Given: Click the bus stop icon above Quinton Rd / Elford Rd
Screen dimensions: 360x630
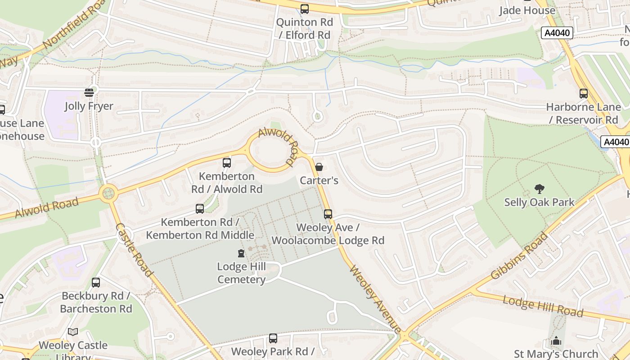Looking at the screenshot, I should [305, 9].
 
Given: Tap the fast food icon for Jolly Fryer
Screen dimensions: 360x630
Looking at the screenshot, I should [89, 93].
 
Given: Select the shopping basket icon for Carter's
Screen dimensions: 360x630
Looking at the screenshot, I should [319, 167].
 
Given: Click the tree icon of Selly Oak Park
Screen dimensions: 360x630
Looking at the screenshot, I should [539, 189].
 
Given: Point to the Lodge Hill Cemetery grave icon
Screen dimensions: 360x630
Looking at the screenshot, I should [242, 253].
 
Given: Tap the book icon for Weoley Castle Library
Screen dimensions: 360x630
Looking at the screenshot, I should [73, 332].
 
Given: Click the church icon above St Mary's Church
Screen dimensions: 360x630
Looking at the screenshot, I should [556, 341].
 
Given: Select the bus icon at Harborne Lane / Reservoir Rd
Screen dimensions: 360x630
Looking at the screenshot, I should [584, 94].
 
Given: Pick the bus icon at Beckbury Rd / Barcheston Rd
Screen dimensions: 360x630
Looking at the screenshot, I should [96, 283].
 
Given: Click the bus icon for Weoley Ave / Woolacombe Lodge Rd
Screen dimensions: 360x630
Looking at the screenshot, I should [328, 214].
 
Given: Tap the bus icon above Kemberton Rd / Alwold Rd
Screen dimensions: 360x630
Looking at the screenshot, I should [227, 163].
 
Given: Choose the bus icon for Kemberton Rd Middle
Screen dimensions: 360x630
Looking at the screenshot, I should [200, 209].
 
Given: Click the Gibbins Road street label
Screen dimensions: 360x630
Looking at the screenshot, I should [520, 256].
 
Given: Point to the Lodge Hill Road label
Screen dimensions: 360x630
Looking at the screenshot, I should [543, 306].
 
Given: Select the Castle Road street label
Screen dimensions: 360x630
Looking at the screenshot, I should [135, 250].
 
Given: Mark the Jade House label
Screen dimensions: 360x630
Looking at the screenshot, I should [527, 10].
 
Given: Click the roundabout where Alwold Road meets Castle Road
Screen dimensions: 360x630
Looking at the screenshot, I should [108, 194].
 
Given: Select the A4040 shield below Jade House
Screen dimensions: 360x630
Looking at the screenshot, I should [557, 33].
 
